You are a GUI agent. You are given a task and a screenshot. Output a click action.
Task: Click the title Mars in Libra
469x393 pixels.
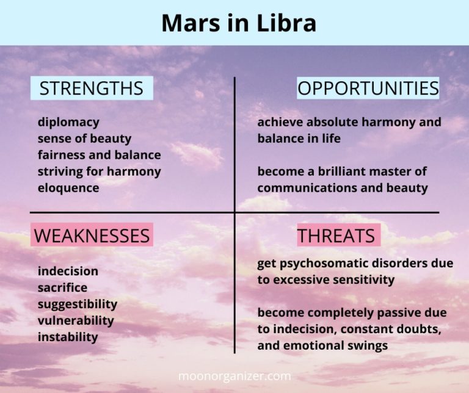pos(239,23)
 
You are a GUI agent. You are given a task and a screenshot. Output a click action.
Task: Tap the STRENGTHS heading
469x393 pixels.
pos(91,88)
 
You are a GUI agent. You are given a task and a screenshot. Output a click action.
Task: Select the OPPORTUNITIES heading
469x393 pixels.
pos(368,88)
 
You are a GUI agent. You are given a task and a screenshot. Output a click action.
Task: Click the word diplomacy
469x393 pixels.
pos(68,122)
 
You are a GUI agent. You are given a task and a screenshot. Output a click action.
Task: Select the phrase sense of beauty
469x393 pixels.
pos(84,139)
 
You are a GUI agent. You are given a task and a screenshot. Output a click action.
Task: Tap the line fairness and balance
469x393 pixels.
pos(99,155)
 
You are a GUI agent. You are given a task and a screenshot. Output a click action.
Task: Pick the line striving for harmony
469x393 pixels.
pos(99,171)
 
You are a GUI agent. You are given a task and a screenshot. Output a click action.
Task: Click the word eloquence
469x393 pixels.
pos(68,188)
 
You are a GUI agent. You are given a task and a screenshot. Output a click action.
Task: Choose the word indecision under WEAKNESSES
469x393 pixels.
pos(67,271)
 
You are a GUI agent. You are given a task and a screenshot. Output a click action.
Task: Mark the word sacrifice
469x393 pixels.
pos(62,287)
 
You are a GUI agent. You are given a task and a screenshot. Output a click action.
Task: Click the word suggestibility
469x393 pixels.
pos(77,304)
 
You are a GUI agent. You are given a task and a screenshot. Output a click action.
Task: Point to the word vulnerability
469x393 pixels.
pos(75,320)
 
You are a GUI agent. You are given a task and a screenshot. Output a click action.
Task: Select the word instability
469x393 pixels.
pos(67,337)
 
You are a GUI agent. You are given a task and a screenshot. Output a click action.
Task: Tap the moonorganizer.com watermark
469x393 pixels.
pos(234,376)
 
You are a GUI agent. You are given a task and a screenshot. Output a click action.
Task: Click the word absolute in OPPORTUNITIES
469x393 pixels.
pos(333,122)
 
